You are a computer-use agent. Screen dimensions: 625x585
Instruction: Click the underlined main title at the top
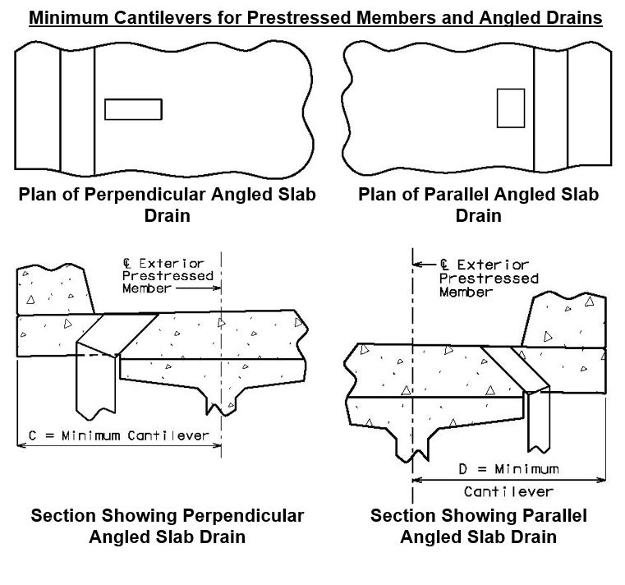(315, 18)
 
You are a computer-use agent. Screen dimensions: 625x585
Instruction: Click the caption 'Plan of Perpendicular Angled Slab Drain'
(167, 205)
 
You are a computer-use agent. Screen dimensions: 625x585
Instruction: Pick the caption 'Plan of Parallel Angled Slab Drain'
(478, 205)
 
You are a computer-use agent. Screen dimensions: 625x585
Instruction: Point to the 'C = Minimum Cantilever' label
(119, 435)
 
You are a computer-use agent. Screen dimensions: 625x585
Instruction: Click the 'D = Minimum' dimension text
(508, 469)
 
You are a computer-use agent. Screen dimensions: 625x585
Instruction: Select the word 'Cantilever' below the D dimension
(508, 491)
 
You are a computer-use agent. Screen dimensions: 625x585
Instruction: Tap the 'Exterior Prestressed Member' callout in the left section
(168, 275)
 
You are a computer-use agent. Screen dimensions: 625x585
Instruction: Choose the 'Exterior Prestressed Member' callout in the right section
(489, 278)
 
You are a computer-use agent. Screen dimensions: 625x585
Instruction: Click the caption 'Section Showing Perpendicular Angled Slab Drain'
(167, 526)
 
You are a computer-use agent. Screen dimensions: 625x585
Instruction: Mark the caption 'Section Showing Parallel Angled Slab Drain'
(478, 526)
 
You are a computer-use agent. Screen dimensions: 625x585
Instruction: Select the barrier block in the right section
(564, 319)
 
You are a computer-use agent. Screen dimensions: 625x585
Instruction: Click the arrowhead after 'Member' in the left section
(218, 288)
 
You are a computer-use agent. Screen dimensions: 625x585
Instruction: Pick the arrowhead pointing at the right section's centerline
(417, 264)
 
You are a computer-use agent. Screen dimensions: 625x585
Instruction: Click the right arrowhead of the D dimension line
(601, 480)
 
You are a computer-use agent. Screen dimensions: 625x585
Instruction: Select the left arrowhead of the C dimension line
(21, 445)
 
